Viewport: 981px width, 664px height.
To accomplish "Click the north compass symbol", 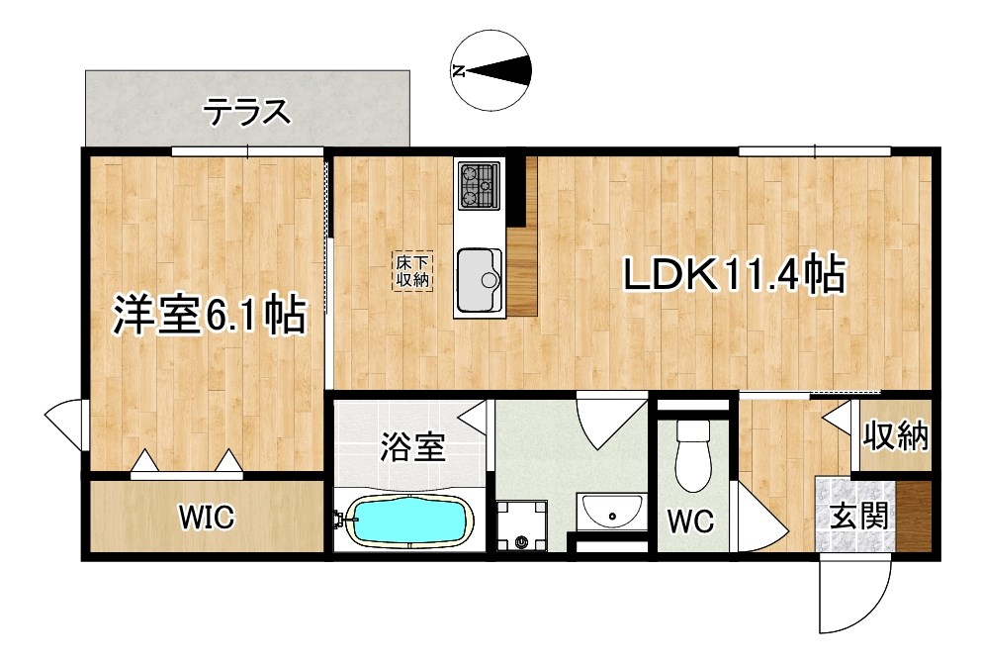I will [x=490, y=69].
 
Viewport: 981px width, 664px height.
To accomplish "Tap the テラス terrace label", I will [x=247, y=112].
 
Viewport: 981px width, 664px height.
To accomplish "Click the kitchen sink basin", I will [x=480, y=272].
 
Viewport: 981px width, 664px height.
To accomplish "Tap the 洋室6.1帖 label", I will [x=206, y=316].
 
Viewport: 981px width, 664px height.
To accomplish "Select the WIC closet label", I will [x=206, y=516].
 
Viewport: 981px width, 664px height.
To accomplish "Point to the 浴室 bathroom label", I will [x=411, y=447].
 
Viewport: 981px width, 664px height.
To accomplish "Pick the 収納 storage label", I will [x=897, y=435].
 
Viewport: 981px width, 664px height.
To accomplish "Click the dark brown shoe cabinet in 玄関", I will [x=914, y=515].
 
